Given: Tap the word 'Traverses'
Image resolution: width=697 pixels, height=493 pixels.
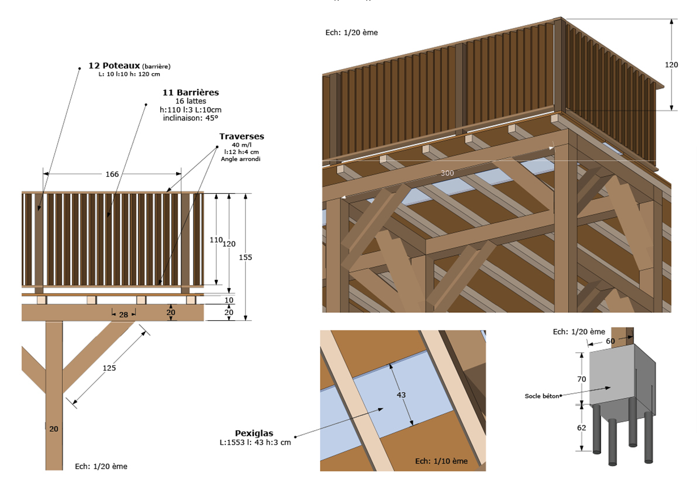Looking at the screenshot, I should coord(241,137).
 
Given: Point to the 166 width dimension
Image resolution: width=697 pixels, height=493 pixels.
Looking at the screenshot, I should coord(112,174).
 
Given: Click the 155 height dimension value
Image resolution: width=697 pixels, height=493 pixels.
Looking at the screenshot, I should coord(245,257).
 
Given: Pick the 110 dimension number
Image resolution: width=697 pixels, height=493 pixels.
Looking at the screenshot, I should coord(216,240).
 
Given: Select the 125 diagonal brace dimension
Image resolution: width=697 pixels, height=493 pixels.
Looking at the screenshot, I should coord(109,368).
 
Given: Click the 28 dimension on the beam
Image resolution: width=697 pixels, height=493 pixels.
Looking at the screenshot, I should coord(123,314).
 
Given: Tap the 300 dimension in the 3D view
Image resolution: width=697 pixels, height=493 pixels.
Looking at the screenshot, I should coord(447,173).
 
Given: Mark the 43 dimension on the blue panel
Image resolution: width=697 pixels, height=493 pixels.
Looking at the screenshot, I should coord(401,394).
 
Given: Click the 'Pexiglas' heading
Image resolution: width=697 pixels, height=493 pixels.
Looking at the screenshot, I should coord(254,433).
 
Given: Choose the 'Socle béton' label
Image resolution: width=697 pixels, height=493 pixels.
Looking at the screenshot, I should coord(542,396).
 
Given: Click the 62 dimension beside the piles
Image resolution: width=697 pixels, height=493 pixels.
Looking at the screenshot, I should coord(581,428).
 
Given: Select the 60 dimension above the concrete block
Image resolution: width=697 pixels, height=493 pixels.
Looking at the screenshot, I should coord(610,341).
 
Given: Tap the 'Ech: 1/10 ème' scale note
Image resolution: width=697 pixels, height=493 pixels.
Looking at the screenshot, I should coord(441,461).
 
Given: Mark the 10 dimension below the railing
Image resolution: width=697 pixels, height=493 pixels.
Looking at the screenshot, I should coord(229,300).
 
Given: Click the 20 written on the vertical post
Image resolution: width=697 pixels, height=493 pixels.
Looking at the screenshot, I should coord(53,429).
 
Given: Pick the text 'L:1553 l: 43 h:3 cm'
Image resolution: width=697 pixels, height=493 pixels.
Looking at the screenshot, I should coord(255,442).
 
